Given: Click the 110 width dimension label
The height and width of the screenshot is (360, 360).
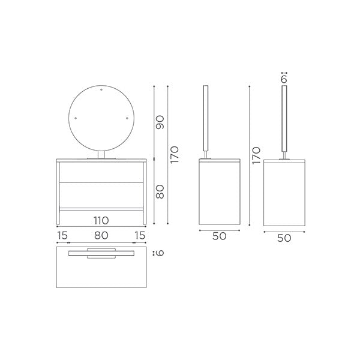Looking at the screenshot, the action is click(101, 220).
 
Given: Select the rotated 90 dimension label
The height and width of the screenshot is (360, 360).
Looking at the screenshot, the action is click(160, 122).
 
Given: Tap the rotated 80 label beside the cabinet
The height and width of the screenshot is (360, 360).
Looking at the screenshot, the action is click(160, 192).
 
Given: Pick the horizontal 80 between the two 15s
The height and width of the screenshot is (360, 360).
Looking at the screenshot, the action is click(101, 235).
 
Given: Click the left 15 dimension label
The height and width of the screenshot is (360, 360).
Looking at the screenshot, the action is click(62, 235).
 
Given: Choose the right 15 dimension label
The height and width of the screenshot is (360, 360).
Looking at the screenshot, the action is click(140, 235).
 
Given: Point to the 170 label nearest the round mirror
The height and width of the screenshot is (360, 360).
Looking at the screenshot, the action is click(174, 155).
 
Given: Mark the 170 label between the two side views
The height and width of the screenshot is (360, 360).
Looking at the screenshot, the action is click(256, 155).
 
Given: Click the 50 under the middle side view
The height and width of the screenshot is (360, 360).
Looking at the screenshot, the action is click(219, 236).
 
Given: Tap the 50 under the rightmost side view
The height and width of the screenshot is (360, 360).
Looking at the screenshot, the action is click(284, 238).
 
